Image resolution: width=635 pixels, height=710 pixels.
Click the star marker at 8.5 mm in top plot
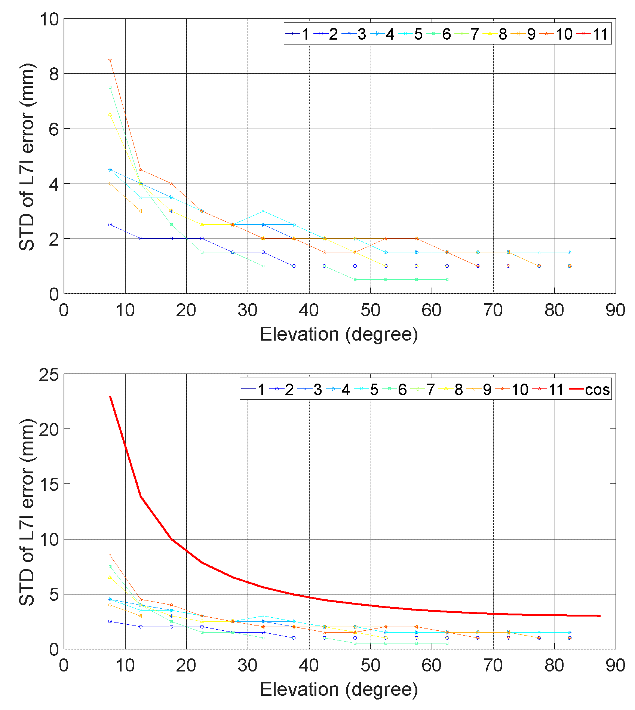110,60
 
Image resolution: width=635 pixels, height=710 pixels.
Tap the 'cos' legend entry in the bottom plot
590,390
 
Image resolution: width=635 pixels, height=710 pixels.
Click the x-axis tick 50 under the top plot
370,310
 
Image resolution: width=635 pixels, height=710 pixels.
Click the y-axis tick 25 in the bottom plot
49,375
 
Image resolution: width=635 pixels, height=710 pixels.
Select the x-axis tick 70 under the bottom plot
493,666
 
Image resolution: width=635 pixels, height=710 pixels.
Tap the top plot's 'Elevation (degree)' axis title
338,334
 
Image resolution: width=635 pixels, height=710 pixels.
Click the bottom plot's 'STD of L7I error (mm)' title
27,512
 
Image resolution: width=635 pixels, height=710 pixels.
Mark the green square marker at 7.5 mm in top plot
110,87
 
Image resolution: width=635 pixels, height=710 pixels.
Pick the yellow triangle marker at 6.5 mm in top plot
110,114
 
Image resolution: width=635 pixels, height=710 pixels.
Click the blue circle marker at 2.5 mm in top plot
110,225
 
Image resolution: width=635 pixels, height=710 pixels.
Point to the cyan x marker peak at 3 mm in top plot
263,211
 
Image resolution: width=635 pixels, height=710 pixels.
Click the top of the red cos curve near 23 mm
110,397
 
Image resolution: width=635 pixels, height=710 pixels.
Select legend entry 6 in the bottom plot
398,390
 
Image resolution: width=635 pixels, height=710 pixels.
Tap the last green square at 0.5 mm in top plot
447,279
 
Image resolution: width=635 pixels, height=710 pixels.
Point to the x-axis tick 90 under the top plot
615,310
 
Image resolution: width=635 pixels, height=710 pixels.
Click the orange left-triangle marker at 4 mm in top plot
110,184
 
